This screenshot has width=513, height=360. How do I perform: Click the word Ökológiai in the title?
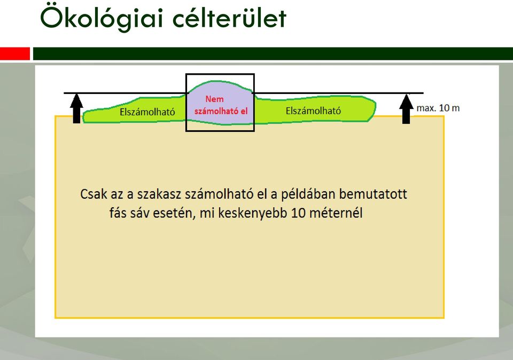[102, 18]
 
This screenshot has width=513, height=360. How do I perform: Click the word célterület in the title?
[229, 18]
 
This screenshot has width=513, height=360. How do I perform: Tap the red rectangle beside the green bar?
[15, 53]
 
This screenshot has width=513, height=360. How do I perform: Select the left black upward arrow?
[76, 108]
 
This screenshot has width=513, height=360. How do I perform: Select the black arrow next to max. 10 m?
[406, 109]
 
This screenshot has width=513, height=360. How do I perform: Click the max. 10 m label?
[438, 108]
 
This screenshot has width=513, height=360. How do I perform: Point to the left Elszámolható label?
[147, 112]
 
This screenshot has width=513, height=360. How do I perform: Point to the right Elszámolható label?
[313, 111]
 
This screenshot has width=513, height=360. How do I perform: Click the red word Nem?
[214, 99]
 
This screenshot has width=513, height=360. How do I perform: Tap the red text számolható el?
[221, 111]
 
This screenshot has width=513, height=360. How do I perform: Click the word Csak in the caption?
[94, 194]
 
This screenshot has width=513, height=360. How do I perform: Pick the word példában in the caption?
[307, 195]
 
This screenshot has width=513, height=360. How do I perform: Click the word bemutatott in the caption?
[373, 194]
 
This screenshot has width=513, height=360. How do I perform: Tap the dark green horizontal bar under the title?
[273, 53]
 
